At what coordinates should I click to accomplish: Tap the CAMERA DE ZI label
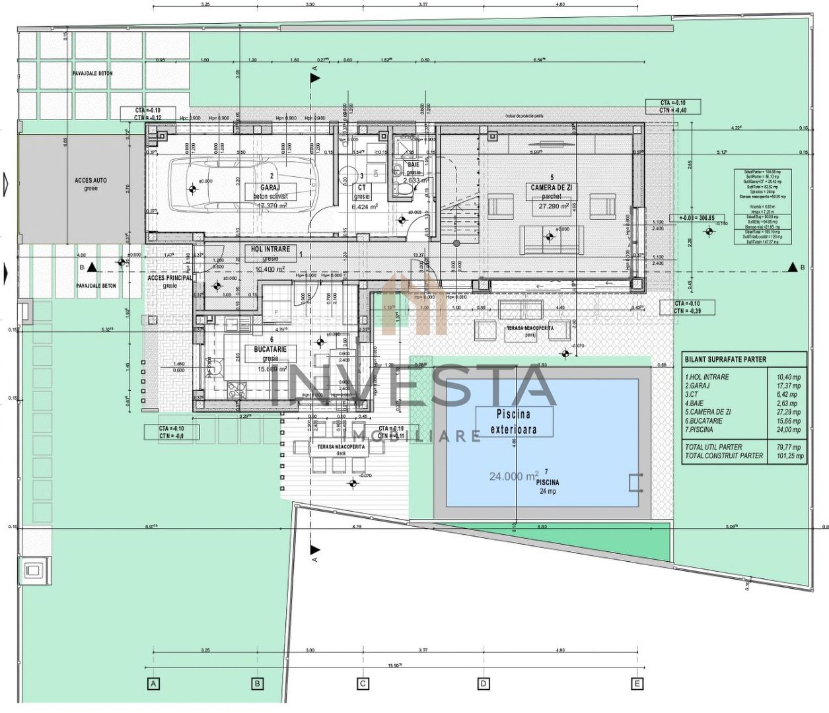pos(552,187)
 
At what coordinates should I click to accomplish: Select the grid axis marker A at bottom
pos(153,683)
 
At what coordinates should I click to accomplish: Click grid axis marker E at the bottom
pos(637,683)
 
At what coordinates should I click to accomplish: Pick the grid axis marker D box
pos(484,683)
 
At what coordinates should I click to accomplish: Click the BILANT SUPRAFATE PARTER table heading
pos(725,359)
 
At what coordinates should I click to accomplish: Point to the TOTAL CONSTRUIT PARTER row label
pos(724,456)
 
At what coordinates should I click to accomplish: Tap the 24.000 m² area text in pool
pos(514,475)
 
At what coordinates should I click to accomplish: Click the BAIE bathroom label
pos(414,165)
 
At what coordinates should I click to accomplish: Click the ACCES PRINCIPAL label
pos(170,278)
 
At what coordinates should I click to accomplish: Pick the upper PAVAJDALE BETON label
pos(92,73)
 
